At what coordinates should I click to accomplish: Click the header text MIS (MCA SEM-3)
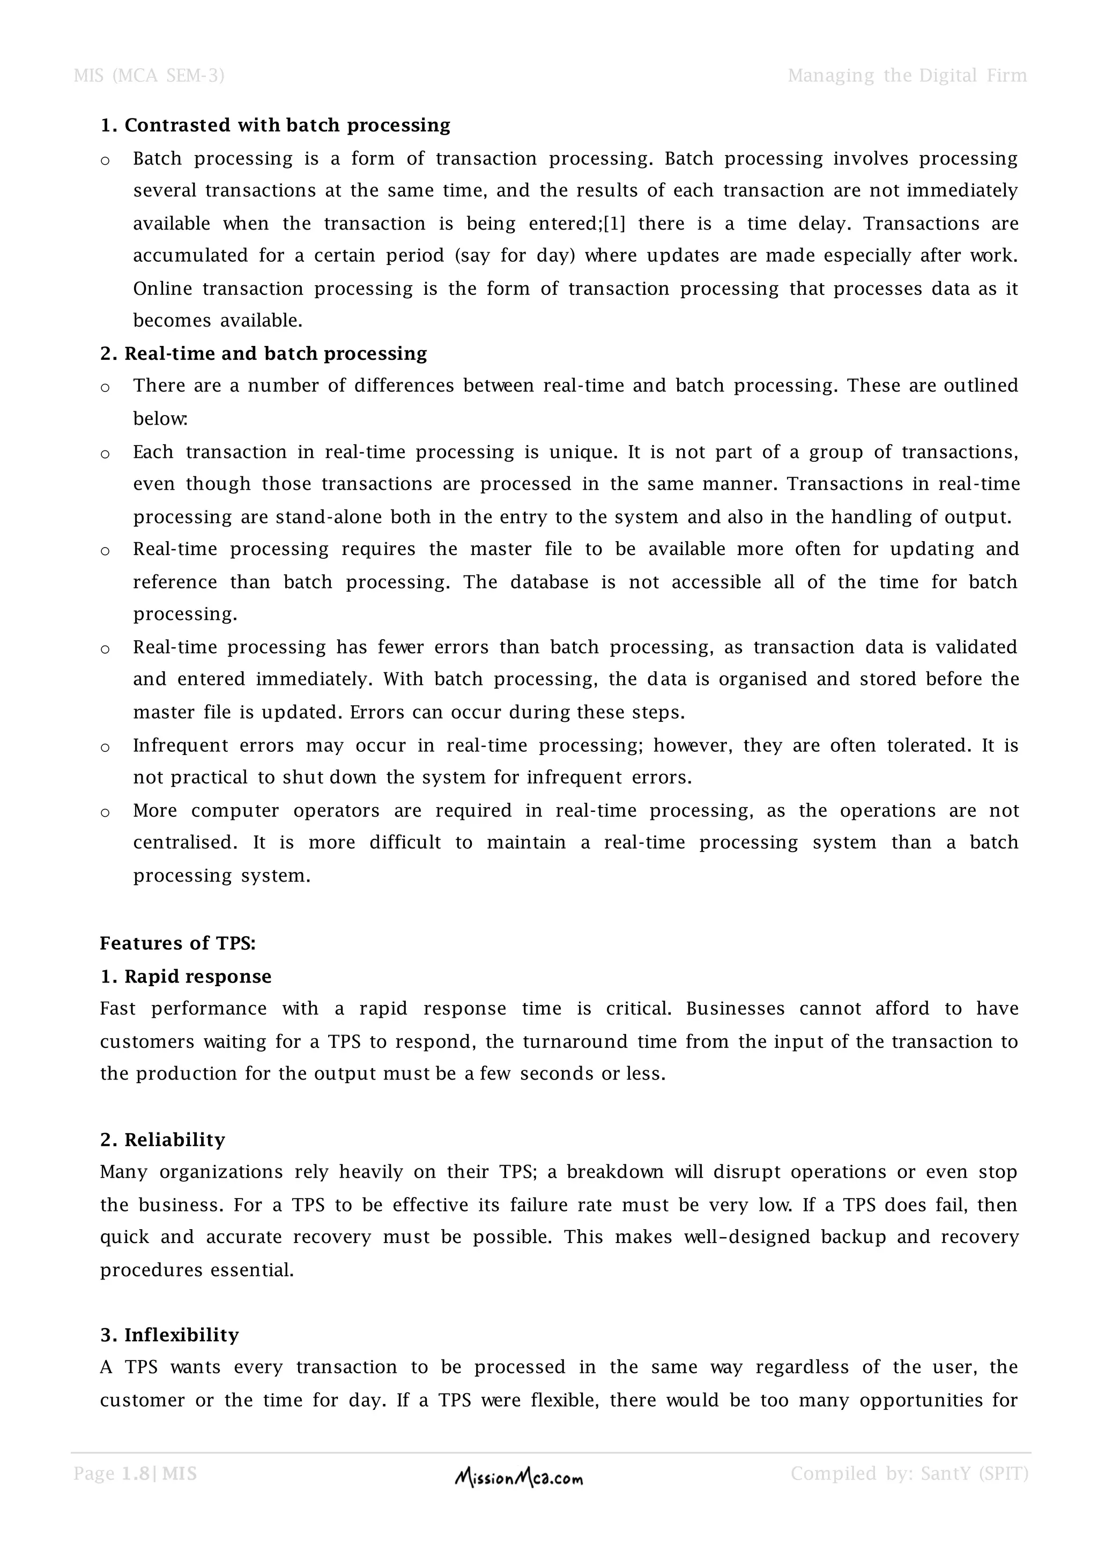(149, 76)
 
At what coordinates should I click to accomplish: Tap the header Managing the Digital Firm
(907, 76)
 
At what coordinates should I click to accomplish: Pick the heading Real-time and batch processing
(264, 354)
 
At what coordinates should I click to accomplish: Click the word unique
(581, 453)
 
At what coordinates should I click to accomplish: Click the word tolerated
(924, 745)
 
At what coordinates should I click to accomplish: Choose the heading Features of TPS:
(178, 944)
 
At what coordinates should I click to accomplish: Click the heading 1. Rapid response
(186, 977)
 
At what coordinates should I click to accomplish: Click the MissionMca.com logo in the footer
(518, 1480)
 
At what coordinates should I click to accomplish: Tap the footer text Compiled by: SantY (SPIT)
(909, 1474)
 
